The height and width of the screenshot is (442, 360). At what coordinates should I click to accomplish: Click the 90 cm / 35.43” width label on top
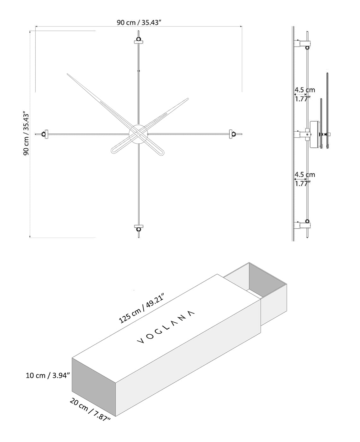pos(139,22)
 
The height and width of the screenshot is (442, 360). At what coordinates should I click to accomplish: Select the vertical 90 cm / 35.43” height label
pos(26,133)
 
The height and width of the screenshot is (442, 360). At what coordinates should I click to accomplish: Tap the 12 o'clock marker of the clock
pos(138,40)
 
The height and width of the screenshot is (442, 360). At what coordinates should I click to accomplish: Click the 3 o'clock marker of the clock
pos(233,134)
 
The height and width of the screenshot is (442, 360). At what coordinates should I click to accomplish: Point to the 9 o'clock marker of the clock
pos(44,134)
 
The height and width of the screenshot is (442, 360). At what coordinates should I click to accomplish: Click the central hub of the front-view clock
pos(138,134)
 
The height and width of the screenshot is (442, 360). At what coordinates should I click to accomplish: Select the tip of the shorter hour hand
pos(187,99)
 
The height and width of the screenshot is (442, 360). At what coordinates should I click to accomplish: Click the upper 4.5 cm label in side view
pos(304,90)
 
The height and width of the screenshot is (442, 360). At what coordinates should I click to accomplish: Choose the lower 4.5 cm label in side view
pos(304,175)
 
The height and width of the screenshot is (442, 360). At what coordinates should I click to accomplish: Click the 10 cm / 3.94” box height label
pos(48,375)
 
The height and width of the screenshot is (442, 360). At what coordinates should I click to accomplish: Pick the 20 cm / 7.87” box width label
pos(90,409)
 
